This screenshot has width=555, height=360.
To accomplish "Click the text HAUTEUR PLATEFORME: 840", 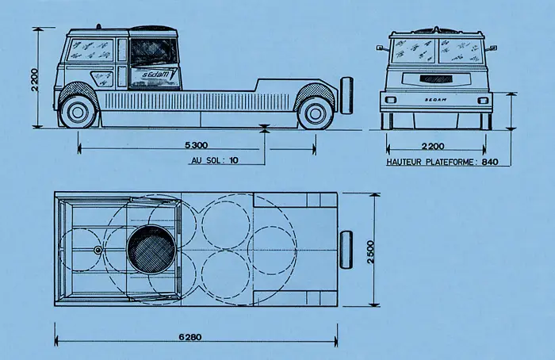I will click(445, 162).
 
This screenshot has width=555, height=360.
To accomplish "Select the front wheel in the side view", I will click(78, 110).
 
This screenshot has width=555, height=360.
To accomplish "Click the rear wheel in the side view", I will click(316, 110).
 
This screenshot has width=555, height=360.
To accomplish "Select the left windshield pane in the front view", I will click(412, 51).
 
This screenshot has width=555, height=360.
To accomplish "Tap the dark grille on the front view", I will click(434, 79).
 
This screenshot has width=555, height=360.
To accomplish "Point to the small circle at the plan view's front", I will click(98, 251).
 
